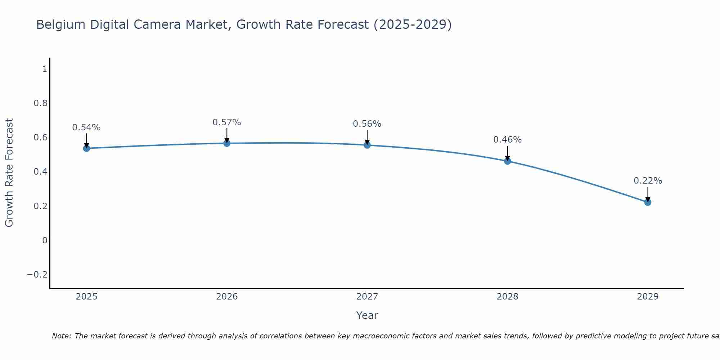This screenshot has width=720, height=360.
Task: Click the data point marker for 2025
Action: pos(86,148)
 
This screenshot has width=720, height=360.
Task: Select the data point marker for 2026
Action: pos(227,143)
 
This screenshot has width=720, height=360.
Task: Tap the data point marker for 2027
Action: pos(367,145)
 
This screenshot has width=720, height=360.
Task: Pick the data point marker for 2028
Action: pos(508,161)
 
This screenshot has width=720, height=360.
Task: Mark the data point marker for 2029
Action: pos(648,202)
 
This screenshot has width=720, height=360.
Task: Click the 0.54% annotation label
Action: pos(86,127)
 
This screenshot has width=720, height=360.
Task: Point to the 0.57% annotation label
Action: pos(227,122)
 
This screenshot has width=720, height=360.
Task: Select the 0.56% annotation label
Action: pos(367,124)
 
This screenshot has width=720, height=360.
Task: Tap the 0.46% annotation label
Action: pos(508,140)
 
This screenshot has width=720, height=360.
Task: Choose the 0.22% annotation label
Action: pos(648,181)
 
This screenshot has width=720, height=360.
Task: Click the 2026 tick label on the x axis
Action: pos(227,297)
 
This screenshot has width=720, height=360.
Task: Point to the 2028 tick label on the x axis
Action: pos(508,297)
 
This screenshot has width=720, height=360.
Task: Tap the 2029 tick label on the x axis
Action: pos(648,297)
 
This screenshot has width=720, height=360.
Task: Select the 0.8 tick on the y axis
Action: pos(40,103)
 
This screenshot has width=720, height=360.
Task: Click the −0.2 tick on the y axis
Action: pos(37,275)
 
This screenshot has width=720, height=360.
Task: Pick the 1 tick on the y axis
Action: pos(45,69)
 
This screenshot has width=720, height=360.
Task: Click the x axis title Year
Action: pos(367,316)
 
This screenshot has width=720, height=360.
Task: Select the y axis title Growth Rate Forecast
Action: pos(9,173)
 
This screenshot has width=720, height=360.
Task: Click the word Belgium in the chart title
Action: pos(61,25)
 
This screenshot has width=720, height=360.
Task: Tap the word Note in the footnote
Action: pos(61,336)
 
